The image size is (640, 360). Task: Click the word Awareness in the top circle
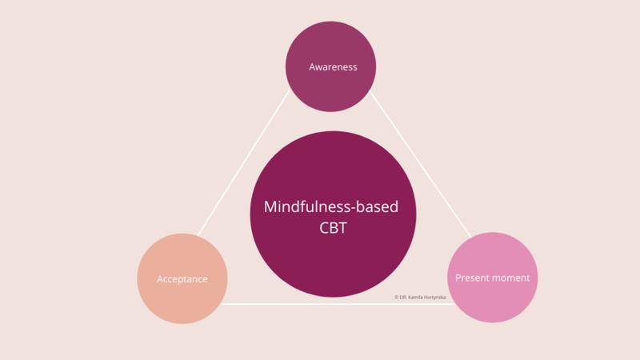(x=333, y=67)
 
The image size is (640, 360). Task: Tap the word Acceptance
(x=182, y=279)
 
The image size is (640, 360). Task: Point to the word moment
(x=513, y=278)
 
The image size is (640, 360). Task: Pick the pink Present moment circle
(x=492, y=304)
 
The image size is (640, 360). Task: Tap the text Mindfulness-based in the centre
(x=331, y=207)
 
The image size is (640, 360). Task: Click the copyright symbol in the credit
(x=396, y=297)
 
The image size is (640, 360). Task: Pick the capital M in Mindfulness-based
(x=270, y=207)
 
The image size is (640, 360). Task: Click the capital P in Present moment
(x=458, y=278)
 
